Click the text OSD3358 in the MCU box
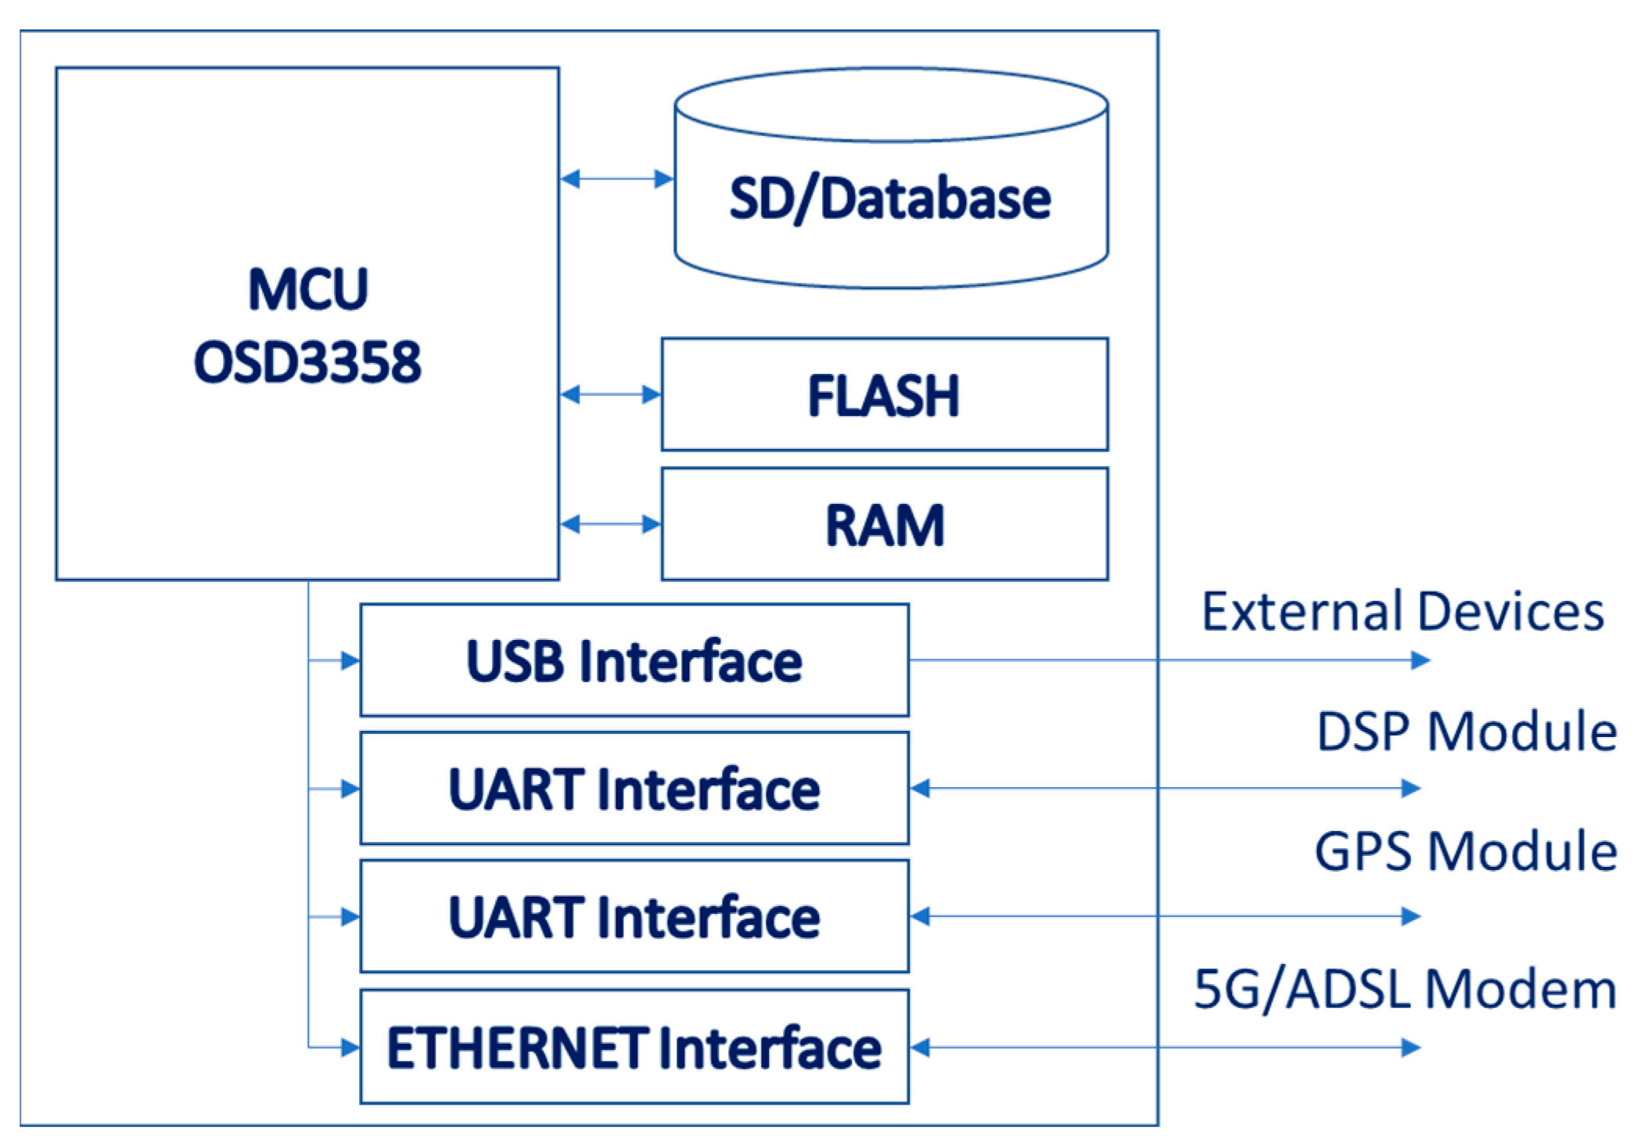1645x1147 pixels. click(307, 362)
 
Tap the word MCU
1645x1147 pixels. click(307, 289)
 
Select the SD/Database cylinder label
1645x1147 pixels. click(889, 199)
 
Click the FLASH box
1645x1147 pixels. click(884, 394)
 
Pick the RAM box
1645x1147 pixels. click(884, 524)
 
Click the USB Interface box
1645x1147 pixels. click(634, 660)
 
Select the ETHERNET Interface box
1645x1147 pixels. click(634, 1047)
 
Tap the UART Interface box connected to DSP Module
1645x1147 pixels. click(634, 789)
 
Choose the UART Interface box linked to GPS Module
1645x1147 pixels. click(634, 916)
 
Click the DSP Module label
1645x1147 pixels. click(1467, 732)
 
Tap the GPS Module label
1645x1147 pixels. click(1466, 851)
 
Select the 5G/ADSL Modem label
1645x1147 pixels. click(1404, 989)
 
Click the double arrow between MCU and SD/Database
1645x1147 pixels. click(616, 179)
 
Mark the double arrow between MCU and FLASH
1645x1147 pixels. click(610, 394)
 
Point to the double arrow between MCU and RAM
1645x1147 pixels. click(610, 524)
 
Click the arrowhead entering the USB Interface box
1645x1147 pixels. click(350, 661)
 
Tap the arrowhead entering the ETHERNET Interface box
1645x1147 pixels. click(350, 1048)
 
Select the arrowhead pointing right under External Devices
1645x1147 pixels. click(1420, 660)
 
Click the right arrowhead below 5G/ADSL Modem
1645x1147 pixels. click(1410, 1048)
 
